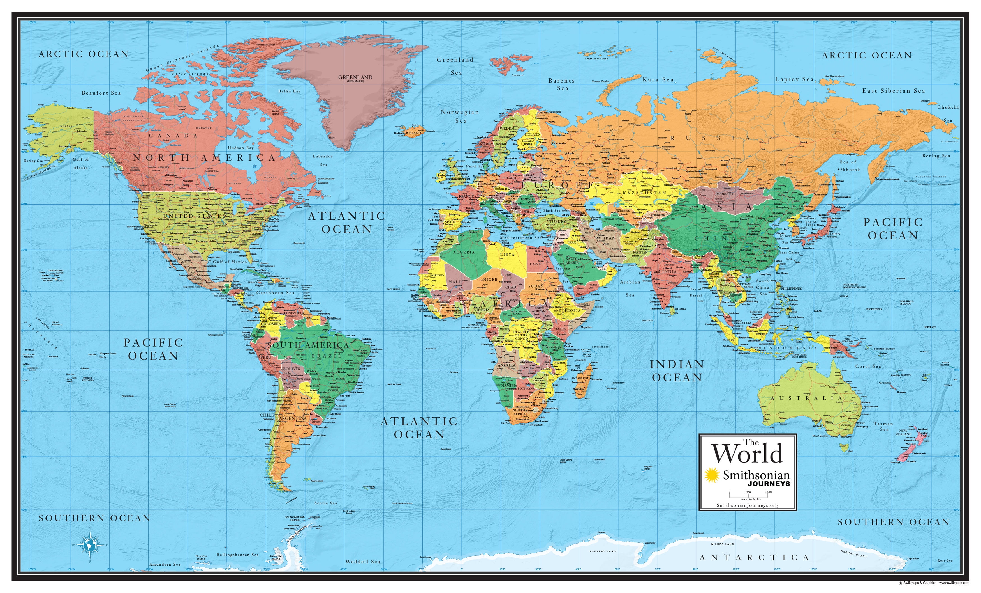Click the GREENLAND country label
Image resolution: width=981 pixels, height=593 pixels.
click(355, 77)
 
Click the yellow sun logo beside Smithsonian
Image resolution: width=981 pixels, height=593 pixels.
click(711, 475)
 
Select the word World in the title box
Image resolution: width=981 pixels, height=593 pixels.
click(747, 454)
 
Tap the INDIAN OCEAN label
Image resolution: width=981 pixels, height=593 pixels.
click(677, 371)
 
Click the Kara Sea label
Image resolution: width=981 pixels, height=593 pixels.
click(658, 80)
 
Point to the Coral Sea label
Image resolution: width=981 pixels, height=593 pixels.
click(868, 366)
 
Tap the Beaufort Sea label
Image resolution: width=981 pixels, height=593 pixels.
click(101, 93)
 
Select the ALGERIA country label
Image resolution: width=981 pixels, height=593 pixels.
click(464, 252)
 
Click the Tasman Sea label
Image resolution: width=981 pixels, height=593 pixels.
click(883, 426)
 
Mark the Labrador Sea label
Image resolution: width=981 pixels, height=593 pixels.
click(323, 160)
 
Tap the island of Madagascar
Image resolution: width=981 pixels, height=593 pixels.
click(582, 383)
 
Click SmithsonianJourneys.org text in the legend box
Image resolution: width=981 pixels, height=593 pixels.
click(747, 505)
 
